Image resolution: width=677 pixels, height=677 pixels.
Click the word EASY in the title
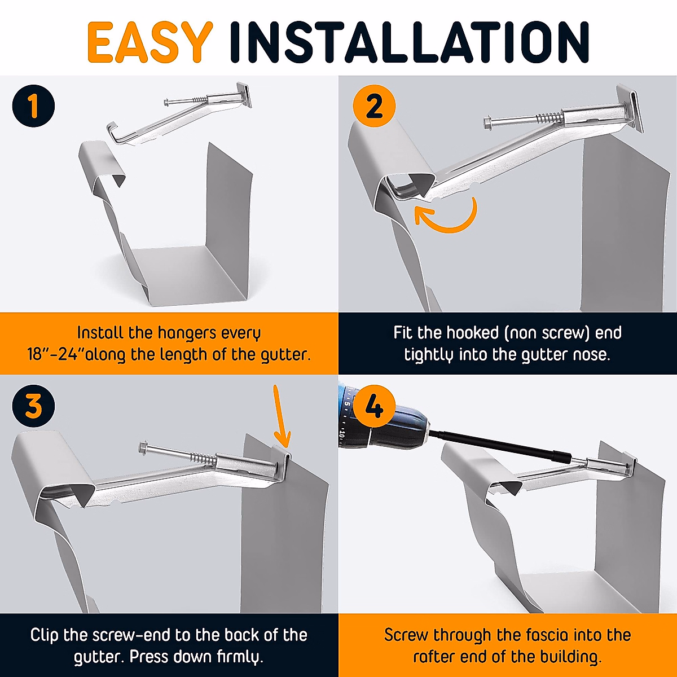[150, 42]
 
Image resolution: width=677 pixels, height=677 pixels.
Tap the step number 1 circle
[33, 106]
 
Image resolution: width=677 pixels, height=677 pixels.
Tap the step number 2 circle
[374, 106]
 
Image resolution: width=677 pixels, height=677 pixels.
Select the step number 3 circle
[33, 406]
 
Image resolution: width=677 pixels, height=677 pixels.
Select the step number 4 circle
[374, 406]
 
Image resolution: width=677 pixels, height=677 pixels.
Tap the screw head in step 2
[487, 122]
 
